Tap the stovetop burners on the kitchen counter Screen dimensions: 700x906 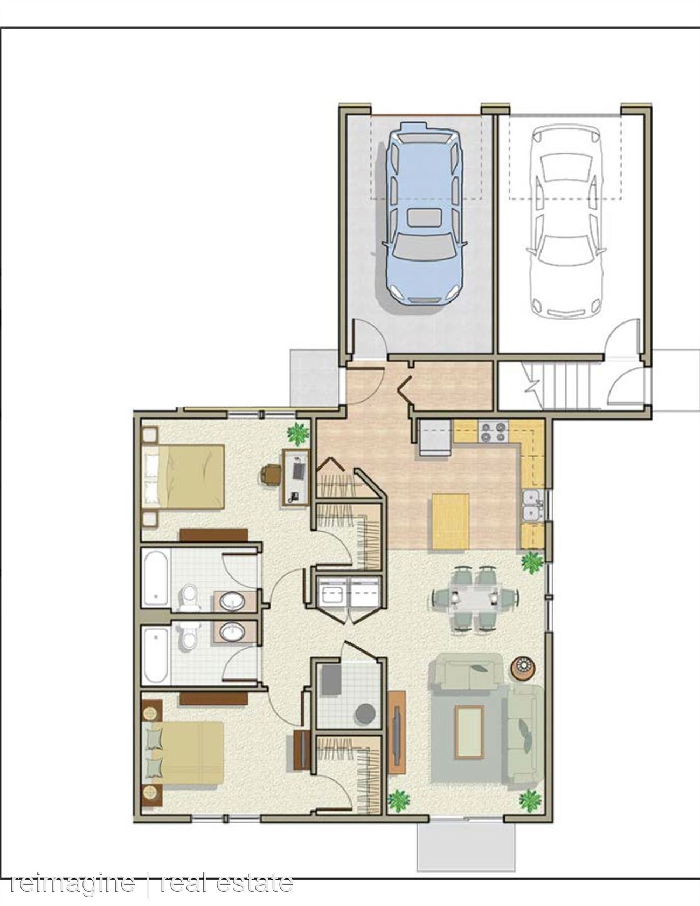[x=494, y=431]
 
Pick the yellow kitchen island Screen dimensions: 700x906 [x=450, y=521]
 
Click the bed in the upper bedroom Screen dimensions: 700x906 [x=184, y=476]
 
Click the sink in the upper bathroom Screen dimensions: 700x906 [x=233, y=600]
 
